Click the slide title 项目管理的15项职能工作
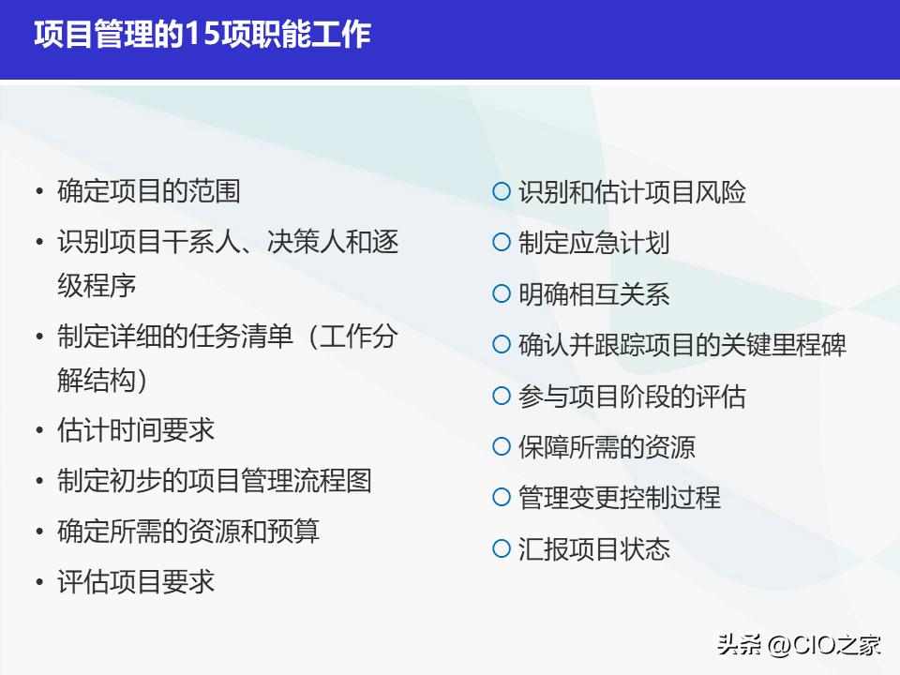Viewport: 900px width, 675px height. click(202, 36)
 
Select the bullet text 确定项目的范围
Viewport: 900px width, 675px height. click(149, 191)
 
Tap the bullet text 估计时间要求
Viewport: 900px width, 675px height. click(136, 429)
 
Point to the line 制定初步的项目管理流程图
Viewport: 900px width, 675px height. click(215, 480)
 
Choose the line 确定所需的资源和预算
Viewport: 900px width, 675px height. click(188, 531)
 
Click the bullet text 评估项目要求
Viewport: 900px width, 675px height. click(136, 581)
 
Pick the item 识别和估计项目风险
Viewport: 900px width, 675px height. click(633, 192)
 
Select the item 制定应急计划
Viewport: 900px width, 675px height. click(594, 243)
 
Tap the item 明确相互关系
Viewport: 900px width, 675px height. click(594, 293)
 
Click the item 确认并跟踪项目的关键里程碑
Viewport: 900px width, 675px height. click(682, 344)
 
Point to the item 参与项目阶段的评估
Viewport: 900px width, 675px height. click(632, 396)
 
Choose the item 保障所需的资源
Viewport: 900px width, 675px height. click(607, 446)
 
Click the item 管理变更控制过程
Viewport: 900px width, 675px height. click(620, 497)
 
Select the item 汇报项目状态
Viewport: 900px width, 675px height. click(594, 547)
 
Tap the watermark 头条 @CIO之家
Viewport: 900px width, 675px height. click(799, 645)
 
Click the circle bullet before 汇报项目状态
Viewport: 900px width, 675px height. click(502, 547)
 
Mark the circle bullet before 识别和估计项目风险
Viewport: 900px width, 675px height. click(502, 192)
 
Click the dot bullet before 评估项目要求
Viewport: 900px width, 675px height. click(39, 582)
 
